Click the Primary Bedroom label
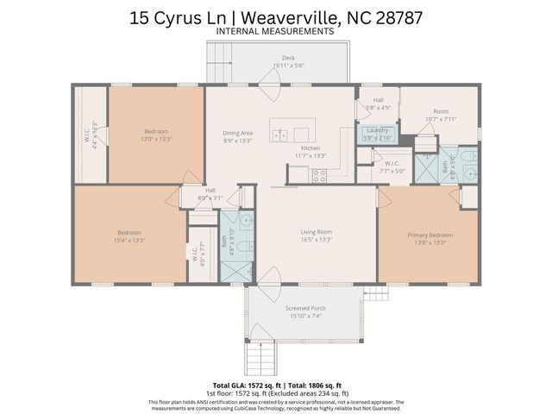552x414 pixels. [x=430, y=235]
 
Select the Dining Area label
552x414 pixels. [x=238, y=133]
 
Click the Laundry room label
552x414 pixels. [x=377, y=130]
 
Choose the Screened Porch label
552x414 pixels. [x=305, y=308]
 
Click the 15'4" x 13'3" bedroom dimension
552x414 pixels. [x=129, y=241]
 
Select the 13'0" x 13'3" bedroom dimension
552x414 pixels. [x=156, y=139]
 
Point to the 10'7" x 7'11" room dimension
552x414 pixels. [x=441, y=119]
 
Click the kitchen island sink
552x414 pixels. [x=280, y=135]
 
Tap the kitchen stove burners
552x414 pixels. [x=319, y=175]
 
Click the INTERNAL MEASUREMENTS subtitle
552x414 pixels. [x=276, y=31]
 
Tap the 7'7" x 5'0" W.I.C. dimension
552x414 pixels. [x=392, y=171]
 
